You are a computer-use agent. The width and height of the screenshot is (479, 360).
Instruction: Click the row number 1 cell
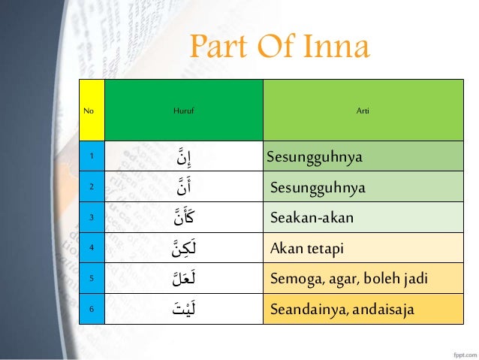point(92,156)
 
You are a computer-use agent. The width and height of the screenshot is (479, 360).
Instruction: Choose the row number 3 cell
point(92,217)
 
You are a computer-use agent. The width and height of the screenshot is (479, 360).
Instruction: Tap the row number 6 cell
point(92,308)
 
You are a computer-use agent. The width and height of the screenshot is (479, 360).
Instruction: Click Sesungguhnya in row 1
point(315,157)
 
